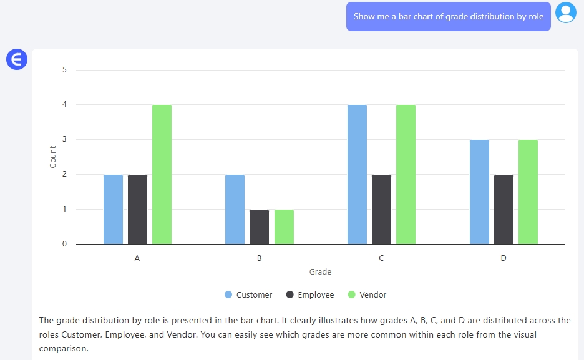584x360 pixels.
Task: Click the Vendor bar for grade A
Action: [162, 175]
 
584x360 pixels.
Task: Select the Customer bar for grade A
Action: [113, 210]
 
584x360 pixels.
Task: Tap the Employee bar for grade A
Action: [137, 210]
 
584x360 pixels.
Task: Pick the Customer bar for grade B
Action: [235, 210]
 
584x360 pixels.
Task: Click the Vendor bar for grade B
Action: [284, 227]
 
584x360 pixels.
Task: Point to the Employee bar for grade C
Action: [381, 210]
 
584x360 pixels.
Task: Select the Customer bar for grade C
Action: [357, 175]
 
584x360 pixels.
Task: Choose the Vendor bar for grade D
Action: [528, 192]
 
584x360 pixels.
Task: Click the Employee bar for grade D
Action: [504, 210]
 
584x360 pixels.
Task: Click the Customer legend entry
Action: [248, 294]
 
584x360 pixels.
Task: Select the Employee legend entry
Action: [310, 294]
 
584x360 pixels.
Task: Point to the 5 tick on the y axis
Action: [64, 70]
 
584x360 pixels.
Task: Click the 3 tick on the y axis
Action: [64, 140]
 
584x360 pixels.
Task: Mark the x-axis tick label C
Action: [381, 258]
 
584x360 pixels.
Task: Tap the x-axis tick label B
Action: [259, 258]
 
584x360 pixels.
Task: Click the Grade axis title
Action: [320, 272]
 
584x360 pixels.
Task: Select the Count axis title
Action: [53, 157]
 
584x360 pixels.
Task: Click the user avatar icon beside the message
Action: [566, 13]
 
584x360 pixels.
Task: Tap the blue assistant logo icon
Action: [17, 59]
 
